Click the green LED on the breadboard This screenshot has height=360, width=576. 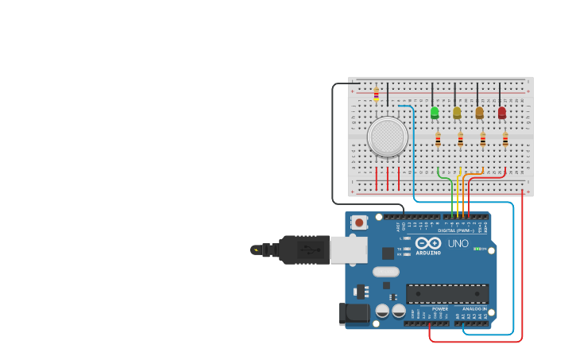pyautogui.click(x=434, y=112)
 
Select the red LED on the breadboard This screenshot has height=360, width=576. pyautogui.click(x=501, y=112)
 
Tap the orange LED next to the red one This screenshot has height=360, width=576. pyautogui.click(x=479, y=112)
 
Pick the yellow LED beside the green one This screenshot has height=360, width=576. pyautogui.click(x=457, y=112)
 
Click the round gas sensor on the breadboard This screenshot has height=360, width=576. pyautogui.click(x=388, y=137)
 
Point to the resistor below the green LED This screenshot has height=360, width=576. pyautogui.click(x=438, y=140)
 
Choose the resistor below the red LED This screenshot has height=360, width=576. pyautogui.click(x=505, y=140)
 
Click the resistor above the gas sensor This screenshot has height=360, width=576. pyautogui.click(x=377, y=95)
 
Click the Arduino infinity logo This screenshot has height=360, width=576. pyautogui.click(x=428, y=243)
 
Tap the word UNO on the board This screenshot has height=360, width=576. pyautogui.click(x=458, y=243)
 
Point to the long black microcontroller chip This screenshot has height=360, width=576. pyautogui.click(x=447, y=293)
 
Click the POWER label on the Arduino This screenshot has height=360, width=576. pyautogui.click(x=440, y=308)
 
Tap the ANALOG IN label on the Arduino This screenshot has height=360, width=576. pyautogui.click(x=475, y=308)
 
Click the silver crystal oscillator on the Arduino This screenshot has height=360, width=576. pyautogui.click(x=385, y=272)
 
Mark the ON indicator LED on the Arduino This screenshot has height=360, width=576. pyautogui.click(x=477, y=249)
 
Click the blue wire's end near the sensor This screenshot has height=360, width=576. pyautogui.click(x=400, y=106)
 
